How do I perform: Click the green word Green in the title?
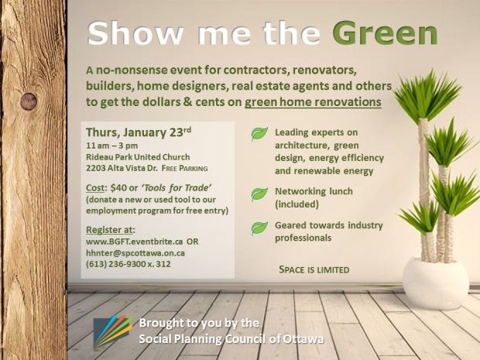[385, 33]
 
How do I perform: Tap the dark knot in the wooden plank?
[29, 101]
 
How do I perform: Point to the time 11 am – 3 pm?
[112, 144]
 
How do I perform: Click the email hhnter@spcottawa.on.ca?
[135, 252]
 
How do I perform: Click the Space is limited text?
[314, 270]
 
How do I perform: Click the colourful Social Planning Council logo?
[112, 331]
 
